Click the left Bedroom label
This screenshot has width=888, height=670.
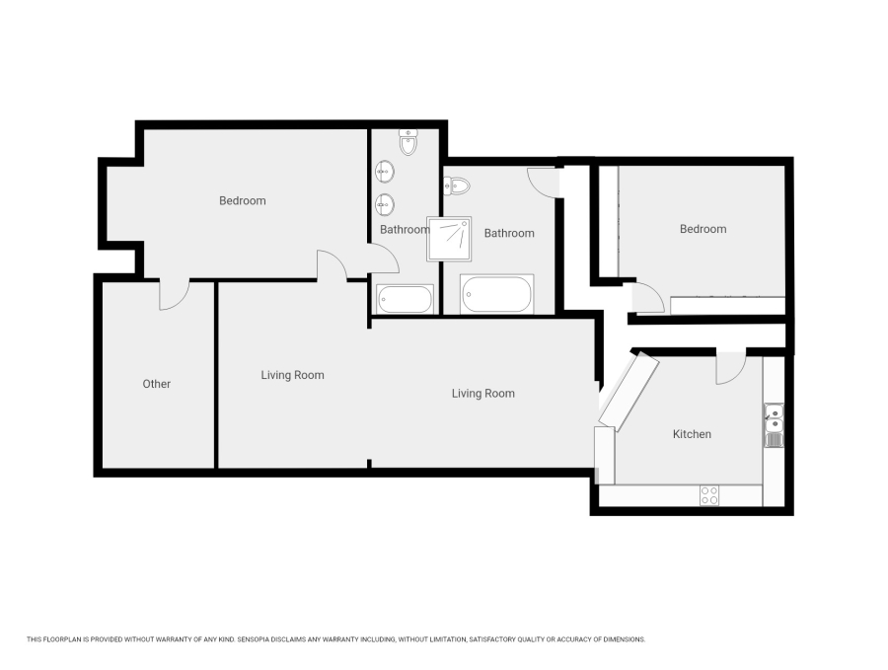[242, 201]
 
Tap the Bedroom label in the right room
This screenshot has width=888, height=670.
[703, 229]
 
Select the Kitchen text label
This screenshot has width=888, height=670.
[692, 434]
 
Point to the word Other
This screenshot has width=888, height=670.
[157, 384]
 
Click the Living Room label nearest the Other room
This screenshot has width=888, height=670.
[292, 375]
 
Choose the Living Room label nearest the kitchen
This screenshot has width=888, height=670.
[482, 394]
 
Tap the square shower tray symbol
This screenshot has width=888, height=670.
[449, 238]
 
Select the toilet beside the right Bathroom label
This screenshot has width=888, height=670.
[457, 185]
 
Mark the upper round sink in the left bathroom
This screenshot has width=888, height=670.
[386, 172]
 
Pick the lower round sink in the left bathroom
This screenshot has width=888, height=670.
[386, 204]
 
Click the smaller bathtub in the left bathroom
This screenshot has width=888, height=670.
[405, 299]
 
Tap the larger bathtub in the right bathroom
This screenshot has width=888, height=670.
[497, 294]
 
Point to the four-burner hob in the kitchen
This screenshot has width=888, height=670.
[709, 495]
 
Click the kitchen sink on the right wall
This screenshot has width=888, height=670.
[774, 424]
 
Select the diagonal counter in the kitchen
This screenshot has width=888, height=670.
[629, 392]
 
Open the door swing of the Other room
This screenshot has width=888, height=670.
[174, 294]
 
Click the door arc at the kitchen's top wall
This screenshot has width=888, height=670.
[730, 368]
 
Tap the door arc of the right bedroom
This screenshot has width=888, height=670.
[648, 297]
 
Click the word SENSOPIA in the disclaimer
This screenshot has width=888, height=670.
[258, 639]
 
